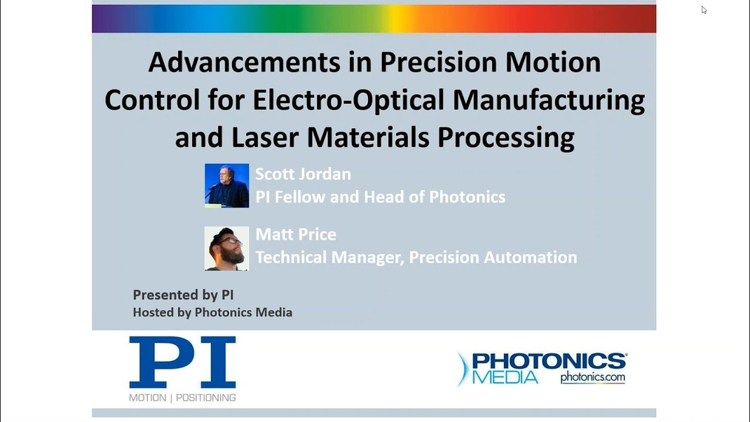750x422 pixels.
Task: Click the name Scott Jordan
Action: [x=304, y=174]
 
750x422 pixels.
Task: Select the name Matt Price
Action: [x=296, y=234]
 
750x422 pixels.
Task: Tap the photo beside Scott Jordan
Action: [x=226, y=186]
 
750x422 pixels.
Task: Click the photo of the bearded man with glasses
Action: [x=226, y=248]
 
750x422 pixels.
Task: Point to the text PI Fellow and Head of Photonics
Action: [x=381, y=197]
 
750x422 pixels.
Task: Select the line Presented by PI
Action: [x=183, y=294]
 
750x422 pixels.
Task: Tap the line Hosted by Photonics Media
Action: [x=212, y=313]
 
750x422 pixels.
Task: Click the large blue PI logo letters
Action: [x=182, y=362]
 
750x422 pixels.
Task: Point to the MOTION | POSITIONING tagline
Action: [x=182, y=397]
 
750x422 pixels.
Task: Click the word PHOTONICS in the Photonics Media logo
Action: [x=549, y=361]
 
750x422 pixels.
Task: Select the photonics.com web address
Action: [x=592, y=378]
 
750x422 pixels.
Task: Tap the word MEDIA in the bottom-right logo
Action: [x=505, y=377]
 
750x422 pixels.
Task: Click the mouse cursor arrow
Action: [x=704, y=10]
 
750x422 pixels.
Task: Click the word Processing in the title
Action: [x=506, y=138]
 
